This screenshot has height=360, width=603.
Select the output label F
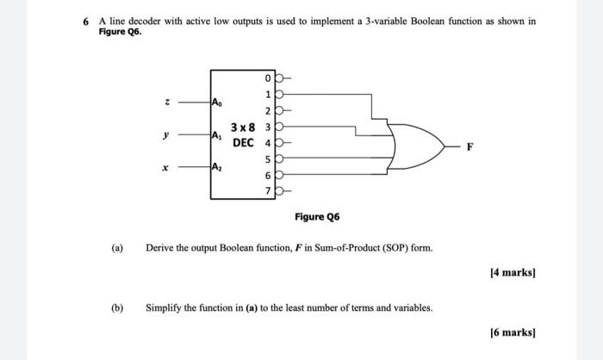click(x=469, y=146)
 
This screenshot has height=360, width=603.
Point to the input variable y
click(x=154, y=133)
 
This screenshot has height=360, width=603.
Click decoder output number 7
click(x=270, y=189)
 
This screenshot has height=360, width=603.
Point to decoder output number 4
click(x=270, y=142)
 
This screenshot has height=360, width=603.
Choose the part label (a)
click(x=116, y=248)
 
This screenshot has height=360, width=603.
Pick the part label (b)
click(x=116, y=307)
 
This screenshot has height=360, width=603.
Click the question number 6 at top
click(x=87, y=20)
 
